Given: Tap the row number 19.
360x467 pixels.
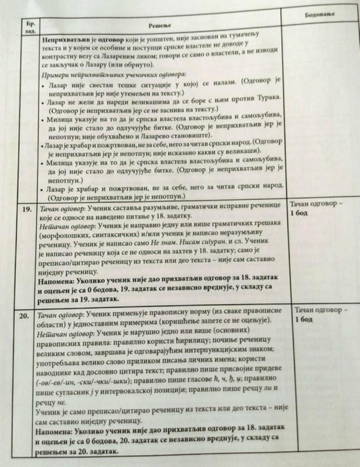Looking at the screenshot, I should click(x=28, y=209).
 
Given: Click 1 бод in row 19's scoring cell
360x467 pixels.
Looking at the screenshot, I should click(x=298, y=213).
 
